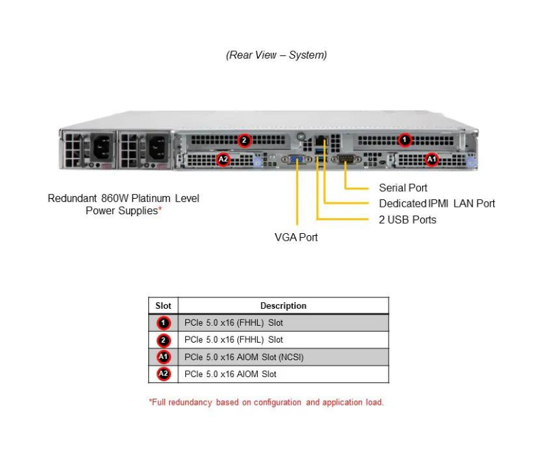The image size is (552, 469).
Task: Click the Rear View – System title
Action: tap(276, 55)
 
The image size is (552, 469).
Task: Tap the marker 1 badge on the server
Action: tap(405, 140)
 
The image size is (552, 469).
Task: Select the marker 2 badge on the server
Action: tap(245, 141)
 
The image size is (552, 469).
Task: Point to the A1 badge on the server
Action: tap(431, 159)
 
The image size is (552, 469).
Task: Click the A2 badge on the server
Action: tap(223, 159)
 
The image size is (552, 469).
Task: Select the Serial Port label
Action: tap(402, 188)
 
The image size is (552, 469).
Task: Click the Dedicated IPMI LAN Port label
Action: tap(436, 203)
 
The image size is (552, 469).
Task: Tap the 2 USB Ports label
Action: tap(407, 220)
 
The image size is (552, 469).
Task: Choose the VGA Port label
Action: tap(296, 237)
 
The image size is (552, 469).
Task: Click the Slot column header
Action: tap(163, 305)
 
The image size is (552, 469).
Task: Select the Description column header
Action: tap(283, 305)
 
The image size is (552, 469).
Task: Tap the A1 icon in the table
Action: tap(163, 357)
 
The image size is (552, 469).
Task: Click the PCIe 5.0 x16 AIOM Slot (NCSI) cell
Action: tap(244, 357)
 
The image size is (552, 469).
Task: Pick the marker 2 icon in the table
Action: tap(163, 340)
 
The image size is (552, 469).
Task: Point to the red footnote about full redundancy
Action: tap(266, 402)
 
